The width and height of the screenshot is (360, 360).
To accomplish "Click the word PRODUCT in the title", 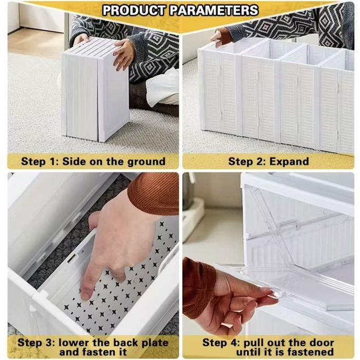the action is click(134, 10).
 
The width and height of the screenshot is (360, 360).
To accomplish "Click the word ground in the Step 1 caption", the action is click(146, 162).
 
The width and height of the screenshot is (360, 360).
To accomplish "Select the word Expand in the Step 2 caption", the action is click(289, 161).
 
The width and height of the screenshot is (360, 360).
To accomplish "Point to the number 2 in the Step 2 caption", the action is click(260, 161).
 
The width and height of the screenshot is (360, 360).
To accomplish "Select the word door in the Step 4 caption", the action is click(322, 343).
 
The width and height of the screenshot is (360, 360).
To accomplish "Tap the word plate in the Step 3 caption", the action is click(155, 343).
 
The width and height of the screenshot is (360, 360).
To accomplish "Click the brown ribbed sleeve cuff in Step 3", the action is click(153, 193).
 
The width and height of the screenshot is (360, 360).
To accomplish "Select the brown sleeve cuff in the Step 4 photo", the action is click(197, 287).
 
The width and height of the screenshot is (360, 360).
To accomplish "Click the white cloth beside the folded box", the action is click(163, 86).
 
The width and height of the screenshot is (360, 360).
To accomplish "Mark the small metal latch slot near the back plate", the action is click(71, 258).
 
